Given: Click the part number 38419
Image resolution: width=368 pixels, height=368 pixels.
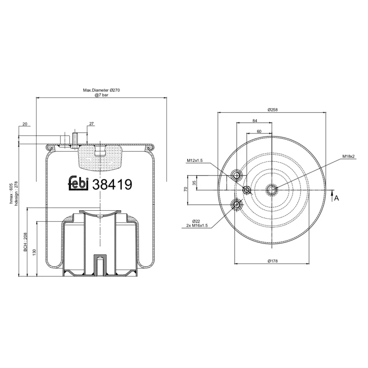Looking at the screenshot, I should pyautogui.click(x=112, y=184).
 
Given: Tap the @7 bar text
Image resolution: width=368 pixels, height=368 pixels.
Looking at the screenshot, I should pyautogui.click(x=101, y=95).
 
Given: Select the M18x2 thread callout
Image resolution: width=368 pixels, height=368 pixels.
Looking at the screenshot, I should pyautogui.click(x=348, y=157).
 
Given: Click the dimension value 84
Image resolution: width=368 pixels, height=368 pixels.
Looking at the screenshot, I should pyautogui.click(x=254, y=121).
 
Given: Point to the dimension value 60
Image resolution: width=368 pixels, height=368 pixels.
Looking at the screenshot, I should pyautogui.click(x=259, y=131).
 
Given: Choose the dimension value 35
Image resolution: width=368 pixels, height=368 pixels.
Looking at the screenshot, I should pyautogui.click(x=194, y=183).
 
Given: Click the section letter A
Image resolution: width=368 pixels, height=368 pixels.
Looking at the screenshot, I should pyautogui.click(x=336, y=198).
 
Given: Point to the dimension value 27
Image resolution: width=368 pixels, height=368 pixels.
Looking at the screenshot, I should pyautogui.click(x=91, y=124).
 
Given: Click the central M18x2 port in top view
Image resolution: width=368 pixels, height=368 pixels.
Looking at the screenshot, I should pyautogui.click(x=272, y=189).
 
